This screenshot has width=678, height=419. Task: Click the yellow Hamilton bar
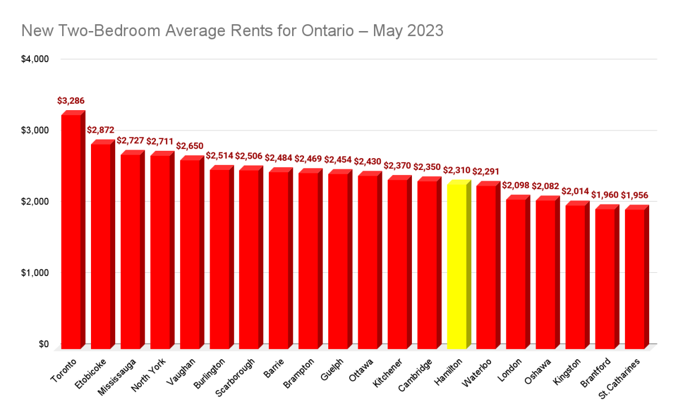457,265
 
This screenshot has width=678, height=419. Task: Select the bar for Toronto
71,232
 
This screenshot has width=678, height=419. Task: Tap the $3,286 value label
71,101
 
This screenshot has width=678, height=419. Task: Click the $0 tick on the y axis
44,344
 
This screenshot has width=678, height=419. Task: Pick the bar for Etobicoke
101,246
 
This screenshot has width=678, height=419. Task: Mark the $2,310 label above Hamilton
457,169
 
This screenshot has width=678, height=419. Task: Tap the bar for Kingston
575,277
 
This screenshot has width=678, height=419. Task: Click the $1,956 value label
634,196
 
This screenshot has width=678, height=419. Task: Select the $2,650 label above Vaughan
190,146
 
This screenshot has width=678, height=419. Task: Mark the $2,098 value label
516,186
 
